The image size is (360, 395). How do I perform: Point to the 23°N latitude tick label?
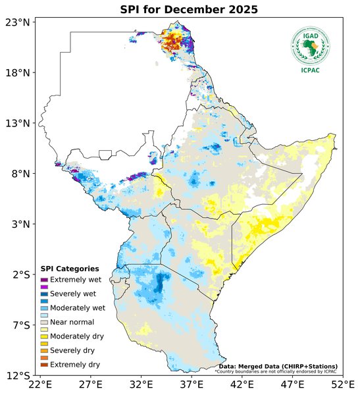(x=17, y=22)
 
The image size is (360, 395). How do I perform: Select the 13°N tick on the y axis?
(x=17, y=123)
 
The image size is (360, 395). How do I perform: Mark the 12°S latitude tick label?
(x=17, y=376)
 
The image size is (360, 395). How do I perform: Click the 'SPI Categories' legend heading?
(x=70, y=269)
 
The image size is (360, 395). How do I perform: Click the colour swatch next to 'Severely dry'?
(x=45, y=350)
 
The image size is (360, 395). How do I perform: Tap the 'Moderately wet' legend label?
(x=78, y=307)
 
